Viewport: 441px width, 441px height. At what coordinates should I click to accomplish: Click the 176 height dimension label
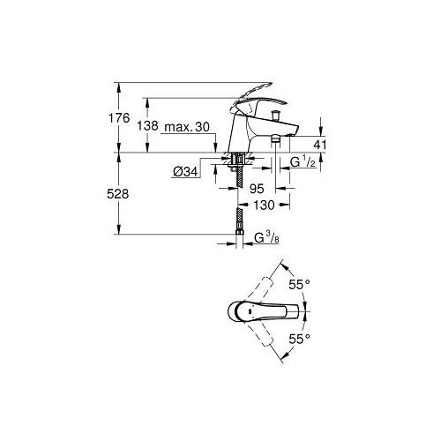[119, 118]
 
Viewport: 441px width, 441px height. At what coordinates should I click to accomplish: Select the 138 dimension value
[147, 126]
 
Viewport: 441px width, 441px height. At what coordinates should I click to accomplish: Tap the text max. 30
[187, 127]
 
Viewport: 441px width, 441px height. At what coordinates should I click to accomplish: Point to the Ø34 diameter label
[185, 172]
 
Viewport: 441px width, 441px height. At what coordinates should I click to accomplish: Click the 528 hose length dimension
[118, 194]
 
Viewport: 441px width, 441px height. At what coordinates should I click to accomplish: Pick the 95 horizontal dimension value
[257, 189]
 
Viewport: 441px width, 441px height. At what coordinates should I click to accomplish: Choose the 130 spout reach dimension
[264, 205]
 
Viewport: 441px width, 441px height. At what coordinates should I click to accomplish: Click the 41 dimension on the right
[320, 145]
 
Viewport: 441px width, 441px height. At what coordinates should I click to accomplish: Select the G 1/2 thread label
[303, 161]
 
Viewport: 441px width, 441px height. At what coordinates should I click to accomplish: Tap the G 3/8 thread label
[266, 237]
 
